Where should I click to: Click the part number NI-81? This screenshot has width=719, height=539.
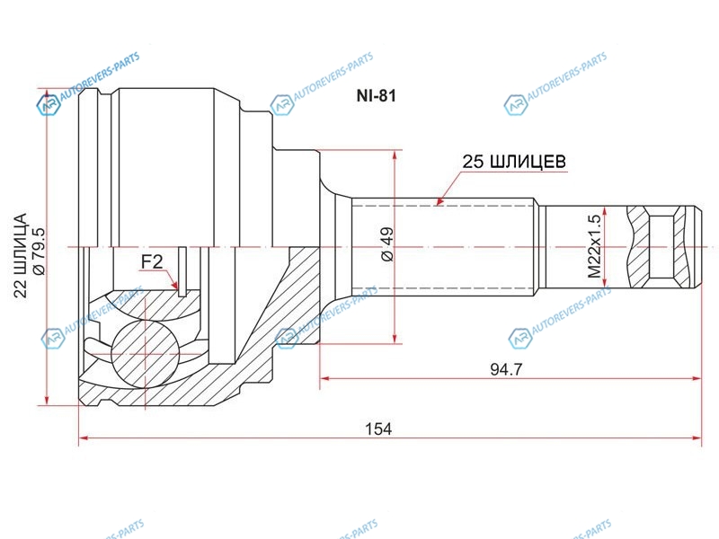[376, 96]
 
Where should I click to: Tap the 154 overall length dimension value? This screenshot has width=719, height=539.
[378, 429]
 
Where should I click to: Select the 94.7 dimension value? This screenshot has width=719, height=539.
[506, 369]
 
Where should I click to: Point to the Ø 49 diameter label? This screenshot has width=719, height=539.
[387, 243]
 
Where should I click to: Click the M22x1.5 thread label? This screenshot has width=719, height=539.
[594, 246]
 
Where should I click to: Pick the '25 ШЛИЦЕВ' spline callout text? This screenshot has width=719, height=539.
[514, 162]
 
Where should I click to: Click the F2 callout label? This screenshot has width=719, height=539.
[151, 262]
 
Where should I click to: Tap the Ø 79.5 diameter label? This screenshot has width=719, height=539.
[39, 251]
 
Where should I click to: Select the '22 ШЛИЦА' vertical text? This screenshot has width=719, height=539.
[21, 255]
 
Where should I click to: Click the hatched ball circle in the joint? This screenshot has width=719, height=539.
[145, 354]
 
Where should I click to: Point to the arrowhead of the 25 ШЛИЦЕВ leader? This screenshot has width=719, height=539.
[439, 201]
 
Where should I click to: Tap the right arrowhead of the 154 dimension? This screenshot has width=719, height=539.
[697, 438]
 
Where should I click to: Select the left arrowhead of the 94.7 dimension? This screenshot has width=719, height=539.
[324, 378]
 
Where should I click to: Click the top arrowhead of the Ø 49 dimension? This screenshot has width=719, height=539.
[395, 155]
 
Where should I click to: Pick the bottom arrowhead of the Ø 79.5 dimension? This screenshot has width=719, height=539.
[47, 400]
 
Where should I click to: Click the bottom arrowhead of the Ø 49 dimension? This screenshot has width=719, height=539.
[395, 339]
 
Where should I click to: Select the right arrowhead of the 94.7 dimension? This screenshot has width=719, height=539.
[697, 378]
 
